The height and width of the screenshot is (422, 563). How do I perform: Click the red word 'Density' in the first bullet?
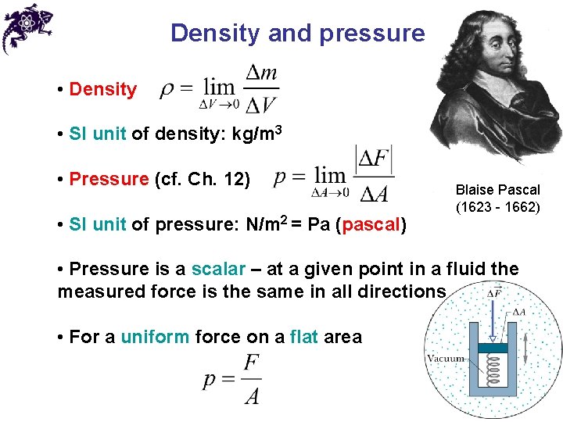pos(102,89)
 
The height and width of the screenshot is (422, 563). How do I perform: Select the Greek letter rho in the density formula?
pos(167,90)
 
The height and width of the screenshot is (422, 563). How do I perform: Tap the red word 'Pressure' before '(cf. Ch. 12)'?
pos(109,179)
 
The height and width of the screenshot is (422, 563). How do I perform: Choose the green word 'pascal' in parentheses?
pos(371,226)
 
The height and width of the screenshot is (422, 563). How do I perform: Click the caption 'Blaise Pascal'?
pos(497,190)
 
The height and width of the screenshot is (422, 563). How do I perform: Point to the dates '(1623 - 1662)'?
pos(497,208)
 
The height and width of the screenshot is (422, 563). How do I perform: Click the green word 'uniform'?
pos(155,337)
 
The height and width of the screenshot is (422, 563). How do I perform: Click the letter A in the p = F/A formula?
pos(252,397)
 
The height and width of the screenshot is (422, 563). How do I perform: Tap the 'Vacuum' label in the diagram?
pos(446,359)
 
